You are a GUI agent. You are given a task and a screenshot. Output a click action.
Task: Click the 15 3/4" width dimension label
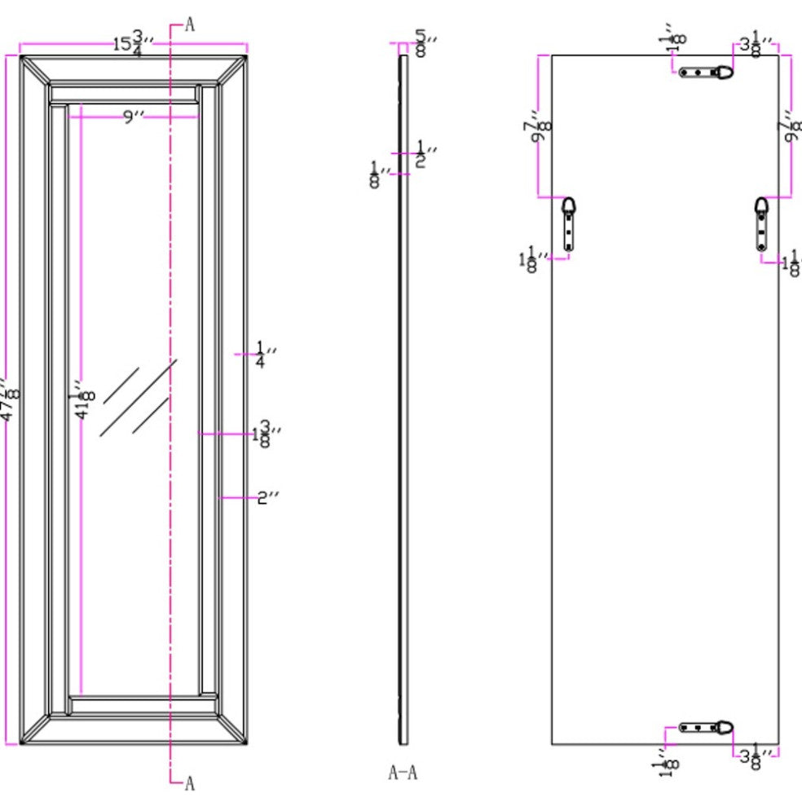click(128, 42)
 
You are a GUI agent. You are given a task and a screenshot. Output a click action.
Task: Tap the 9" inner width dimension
click(133, 117)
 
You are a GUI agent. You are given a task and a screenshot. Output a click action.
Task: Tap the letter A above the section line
click(190, 24)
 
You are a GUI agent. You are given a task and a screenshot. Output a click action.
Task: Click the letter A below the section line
click(190, 783)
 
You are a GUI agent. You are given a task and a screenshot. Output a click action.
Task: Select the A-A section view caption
click(403, 773)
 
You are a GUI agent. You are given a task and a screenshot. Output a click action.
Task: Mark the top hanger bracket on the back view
click(707, 72)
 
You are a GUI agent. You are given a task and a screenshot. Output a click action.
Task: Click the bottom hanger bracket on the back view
click(707, 727)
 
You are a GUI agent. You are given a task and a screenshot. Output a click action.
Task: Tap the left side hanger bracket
click(569, 223)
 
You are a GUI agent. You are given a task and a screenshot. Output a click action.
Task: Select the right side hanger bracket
click(761, 223)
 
